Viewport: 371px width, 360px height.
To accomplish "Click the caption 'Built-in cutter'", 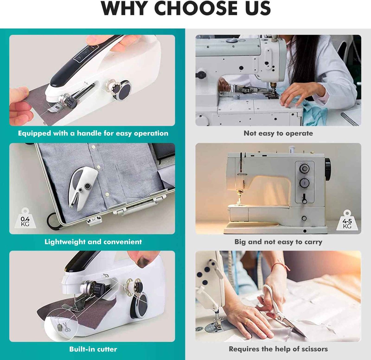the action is coord(93,349).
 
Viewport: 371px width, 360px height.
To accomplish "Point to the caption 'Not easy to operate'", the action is coord(278,133).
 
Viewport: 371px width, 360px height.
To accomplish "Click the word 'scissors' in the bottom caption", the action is coord(314,349).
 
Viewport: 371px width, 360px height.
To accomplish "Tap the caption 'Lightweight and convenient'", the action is coord(93,242).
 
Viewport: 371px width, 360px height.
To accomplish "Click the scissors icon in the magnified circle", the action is coord(67,327).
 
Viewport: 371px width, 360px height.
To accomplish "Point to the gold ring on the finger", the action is coord(246,322).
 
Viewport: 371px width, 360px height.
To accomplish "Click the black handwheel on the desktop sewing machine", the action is coord(328,169).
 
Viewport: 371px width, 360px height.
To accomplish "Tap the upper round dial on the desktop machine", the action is coord(304,169).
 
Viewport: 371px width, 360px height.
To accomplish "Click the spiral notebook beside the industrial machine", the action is coord(350,118).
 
